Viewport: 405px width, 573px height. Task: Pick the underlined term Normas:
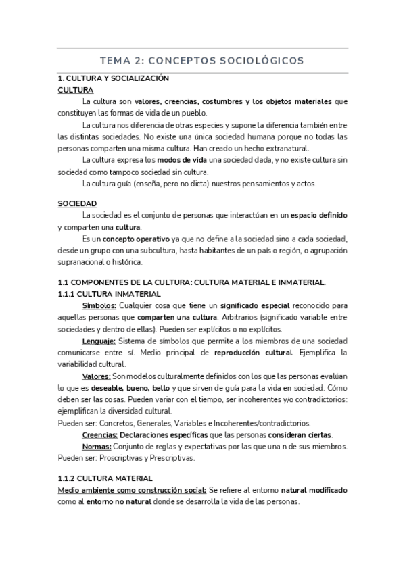coord(97,446)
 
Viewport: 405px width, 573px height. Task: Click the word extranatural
coord(287,148)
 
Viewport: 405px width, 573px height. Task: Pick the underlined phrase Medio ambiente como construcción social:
coord(132,490)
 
